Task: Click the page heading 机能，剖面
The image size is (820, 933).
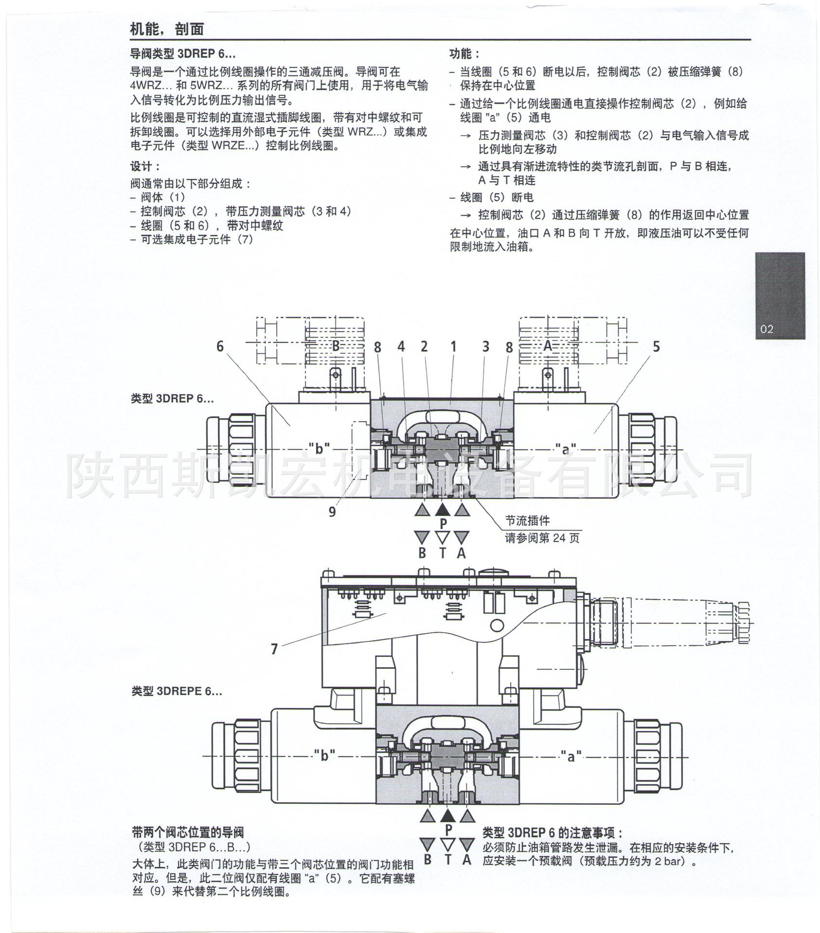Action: (166, 29)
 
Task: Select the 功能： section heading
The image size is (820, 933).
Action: (464, 53)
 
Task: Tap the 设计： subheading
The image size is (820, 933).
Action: (145, 166)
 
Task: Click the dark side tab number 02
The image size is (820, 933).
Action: (767, 329)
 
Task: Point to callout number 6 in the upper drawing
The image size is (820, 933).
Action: (220, 346)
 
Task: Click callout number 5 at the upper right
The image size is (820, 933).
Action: (656, 346)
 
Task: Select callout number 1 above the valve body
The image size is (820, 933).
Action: (453, 346)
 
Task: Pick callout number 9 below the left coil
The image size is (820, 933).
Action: (332, 512)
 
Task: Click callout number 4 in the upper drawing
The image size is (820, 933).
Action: (401, 346)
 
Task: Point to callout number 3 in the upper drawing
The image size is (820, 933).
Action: (485, 346)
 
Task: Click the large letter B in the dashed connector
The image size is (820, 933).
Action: (336, 346)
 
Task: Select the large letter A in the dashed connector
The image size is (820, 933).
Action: (548, 346)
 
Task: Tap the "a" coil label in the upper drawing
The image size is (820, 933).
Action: (565, 449)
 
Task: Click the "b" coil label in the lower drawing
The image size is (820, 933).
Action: (324, 756)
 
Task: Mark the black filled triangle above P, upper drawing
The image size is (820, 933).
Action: (442, 509)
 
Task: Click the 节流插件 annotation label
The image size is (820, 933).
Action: (527, 521)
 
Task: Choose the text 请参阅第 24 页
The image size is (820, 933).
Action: (542, 538)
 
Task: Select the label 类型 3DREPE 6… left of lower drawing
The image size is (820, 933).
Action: (177, 691)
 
